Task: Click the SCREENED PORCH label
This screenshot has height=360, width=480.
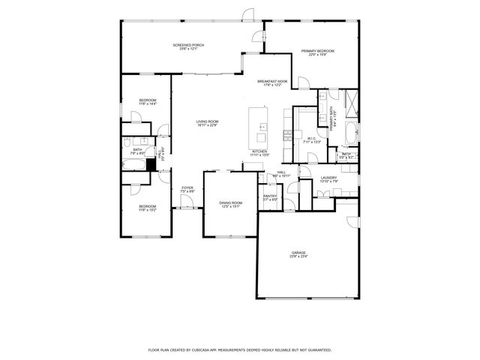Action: pos(188,45)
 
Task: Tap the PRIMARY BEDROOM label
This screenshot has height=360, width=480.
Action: pos(318,51)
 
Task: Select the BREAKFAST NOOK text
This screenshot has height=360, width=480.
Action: pos(272,81)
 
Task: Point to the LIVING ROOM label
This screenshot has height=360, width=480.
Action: pos(207,121)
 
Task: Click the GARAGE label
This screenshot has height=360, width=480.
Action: pos(299,253)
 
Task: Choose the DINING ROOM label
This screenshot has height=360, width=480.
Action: pos(231,202)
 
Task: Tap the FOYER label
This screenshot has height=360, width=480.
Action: pos(187,188)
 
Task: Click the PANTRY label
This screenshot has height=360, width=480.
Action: pos(270,196)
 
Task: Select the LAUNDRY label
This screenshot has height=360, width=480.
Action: pos(329,178)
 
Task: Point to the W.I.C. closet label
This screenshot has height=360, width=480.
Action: pos(313,138)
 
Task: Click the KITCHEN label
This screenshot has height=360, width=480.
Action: pos(259,151)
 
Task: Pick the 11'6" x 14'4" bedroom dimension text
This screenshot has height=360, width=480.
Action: pos(147,104)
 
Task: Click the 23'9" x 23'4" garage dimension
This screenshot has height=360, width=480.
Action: pos(299,256)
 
